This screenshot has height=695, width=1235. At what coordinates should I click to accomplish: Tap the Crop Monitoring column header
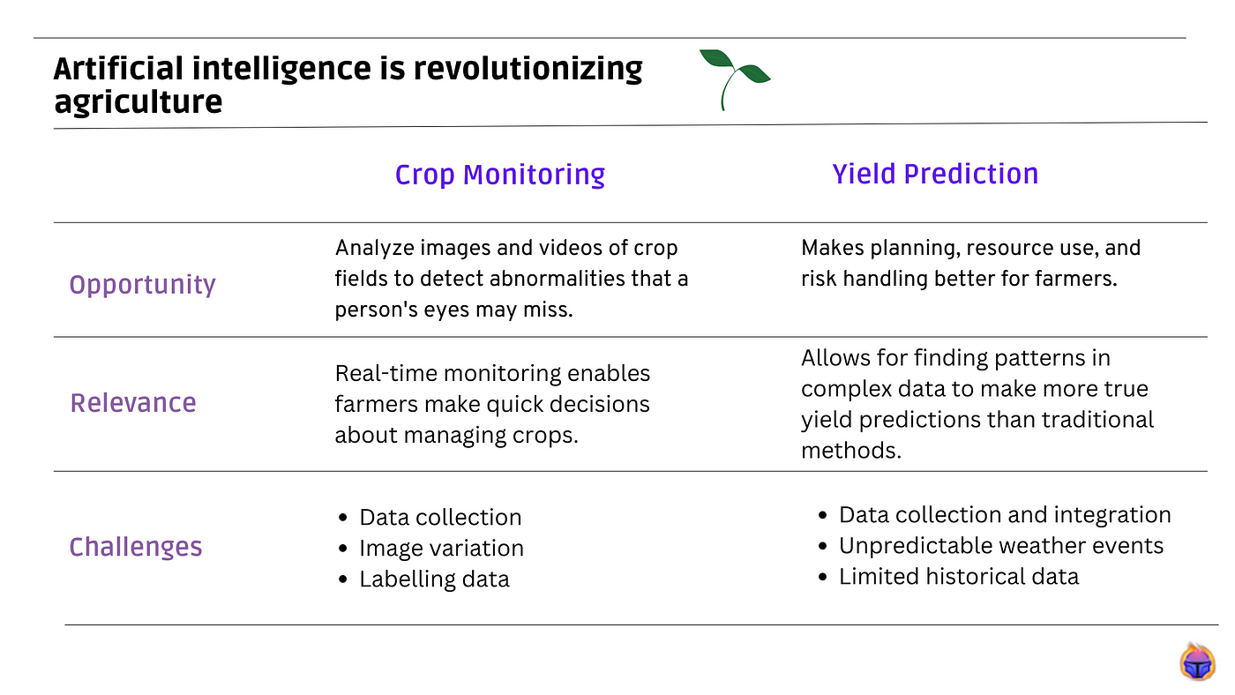[499, 175]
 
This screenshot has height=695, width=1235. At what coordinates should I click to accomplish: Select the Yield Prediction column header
[935, 174]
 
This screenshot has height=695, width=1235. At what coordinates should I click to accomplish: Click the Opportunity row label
[142, 285]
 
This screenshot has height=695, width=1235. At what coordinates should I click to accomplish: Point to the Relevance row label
[133, 403]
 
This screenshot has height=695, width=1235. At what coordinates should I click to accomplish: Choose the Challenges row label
[136, 547]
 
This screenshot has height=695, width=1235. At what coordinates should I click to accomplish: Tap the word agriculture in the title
[138, 102]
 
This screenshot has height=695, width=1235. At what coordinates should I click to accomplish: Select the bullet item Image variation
[441, 549]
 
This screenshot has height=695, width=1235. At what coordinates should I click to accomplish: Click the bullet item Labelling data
[434, 579]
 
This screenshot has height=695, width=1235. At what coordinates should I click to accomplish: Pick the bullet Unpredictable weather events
[1001, 546]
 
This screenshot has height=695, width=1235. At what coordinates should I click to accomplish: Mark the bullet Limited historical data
[959, 577]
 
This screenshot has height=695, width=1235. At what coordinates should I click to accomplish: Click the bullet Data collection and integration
[1005, 515]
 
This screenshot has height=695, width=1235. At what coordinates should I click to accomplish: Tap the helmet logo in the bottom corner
[1197, 661]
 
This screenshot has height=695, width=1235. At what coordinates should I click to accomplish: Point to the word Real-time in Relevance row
[385, 374]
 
